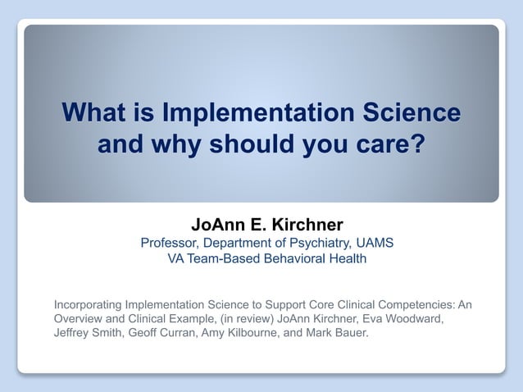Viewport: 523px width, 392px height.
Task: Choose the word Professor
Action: (170, 243)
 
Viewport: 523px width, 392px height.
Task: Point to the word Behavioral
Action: (298, 259)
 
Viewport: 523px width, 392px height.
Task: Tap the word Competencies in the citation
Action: (415, 304)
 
